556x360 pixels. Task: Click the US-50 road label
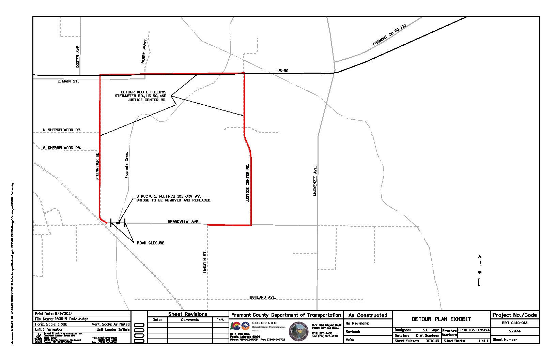[x=283, y=71]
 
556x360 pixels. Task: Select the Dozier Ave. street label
[x=78, y=56]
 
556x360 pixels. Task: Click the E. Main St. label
[x=68, y=81]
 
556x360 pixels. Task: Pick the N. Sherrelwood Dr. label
[x=62, y=130]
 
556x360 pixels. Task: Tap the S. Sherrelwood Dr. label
[x=62, y=148]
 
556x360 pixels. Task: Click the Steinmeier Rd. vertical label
[x=97, y=166]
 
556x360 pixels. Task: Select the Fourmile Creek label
[x=126, y=165]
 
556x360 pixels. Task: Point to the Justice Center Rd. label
[x=248, y=183]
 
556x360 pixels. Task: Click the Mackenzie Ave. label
[x=315, y=181]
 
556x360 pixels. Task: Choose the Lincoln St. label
[x=205, y=262]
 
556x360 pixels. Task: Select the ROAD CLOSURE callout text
[x=151, y=243]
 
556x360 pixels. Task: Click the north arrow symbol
[x=480, y=271]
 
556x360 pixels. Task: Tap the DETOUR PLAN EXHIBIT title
[x=441, y=319]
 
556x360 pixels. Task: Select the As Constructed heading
[x=368, y=315]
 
